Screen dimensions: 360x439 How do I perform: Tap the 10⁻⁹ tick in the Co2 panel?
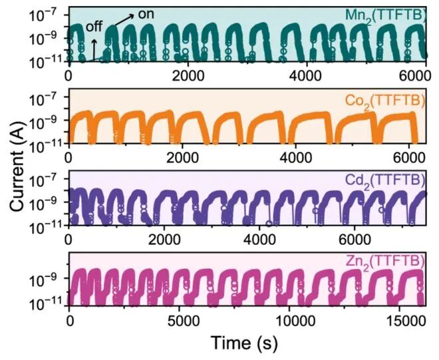click(47, 120)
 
